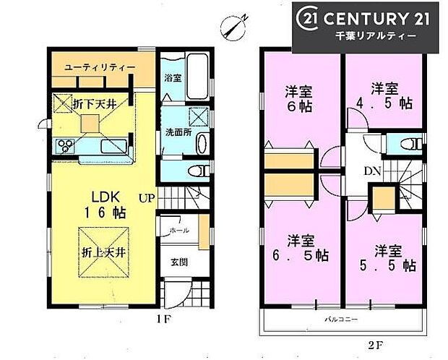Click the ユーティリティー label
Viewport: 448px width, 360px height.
pos(100,67)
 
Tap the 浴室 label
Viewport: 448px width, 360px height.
pos(171,77)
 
